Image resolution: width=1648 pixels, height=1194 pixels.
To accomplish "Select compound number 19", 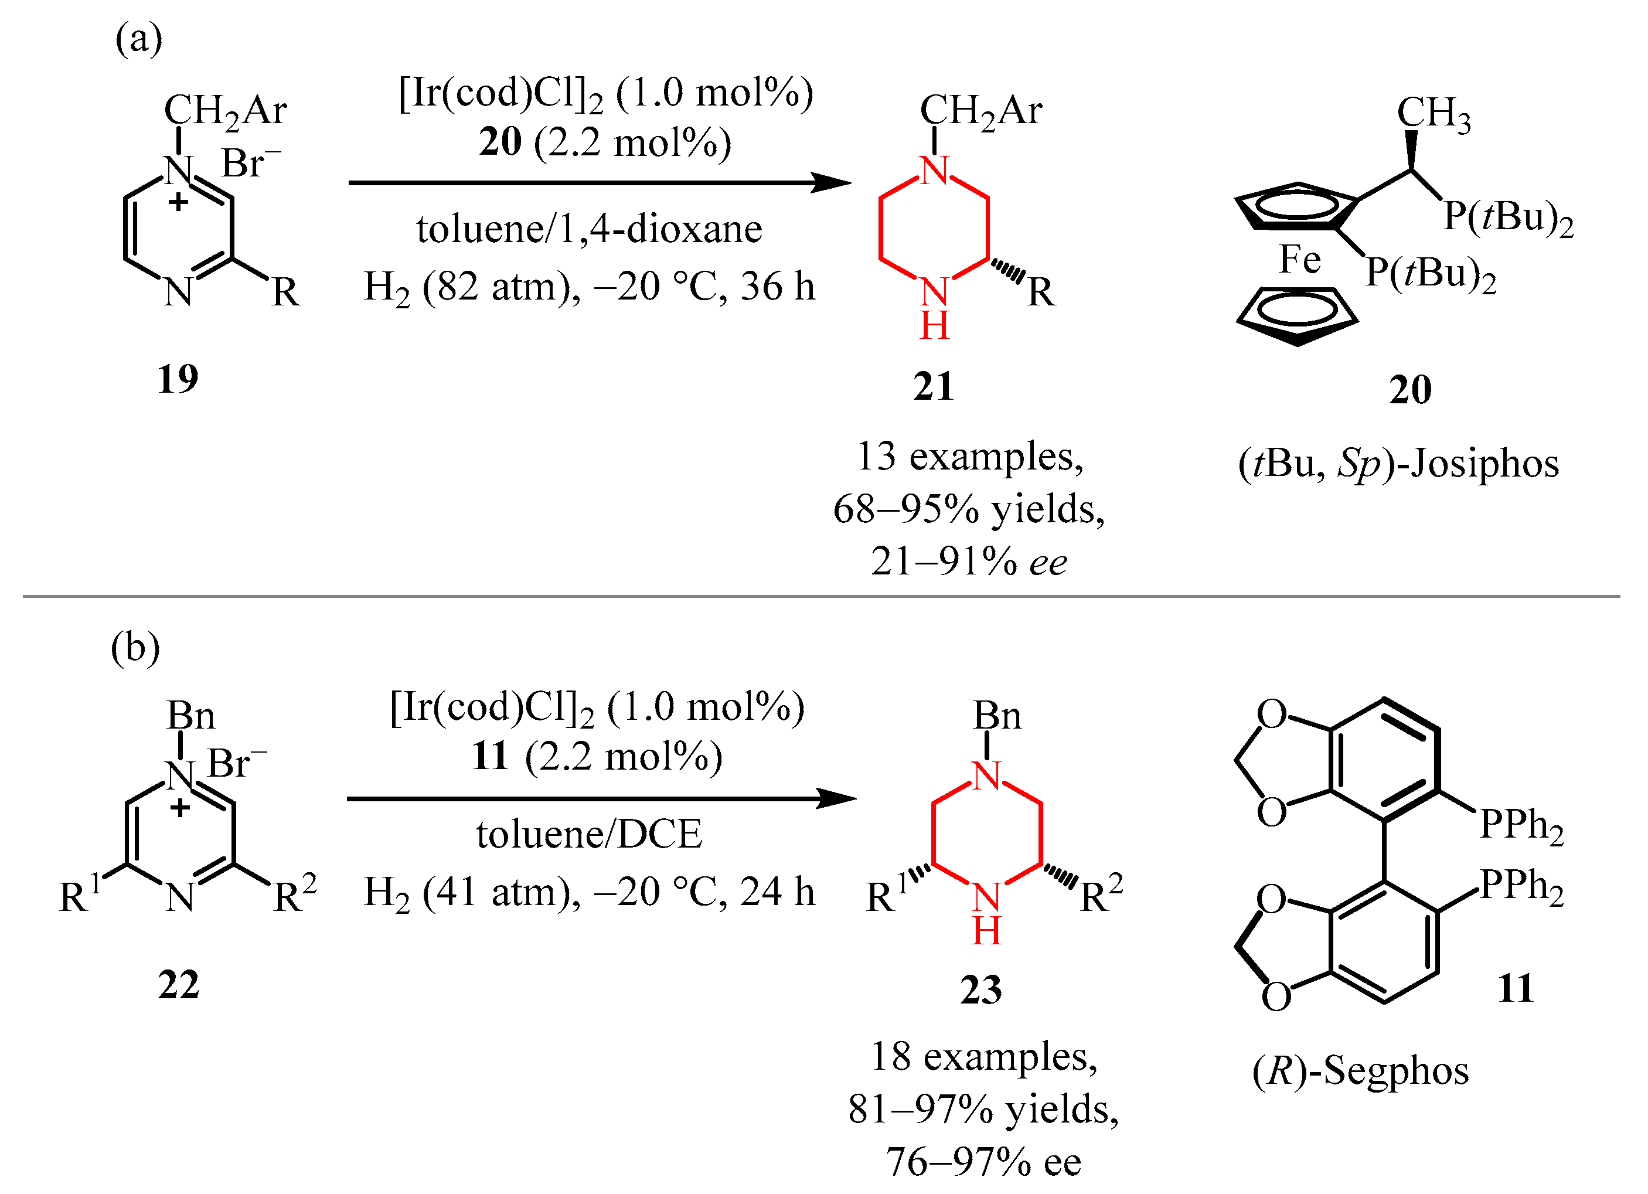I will (178, 379).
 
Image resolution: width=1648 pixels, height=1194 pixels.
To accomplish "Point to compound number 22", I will (178, 985).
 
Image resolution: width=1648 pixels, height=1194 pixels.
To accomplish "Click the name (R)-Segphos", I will (1360, 1070).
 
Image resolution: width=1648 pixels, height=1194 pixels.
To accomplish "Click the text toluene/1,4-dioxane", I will (588, 229).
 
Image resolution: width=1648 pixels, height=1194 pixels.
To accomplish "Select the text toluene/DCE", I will (588, 834).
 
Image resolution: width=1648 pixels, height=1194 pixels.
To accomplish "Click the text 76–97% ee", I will (982, 1161).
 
